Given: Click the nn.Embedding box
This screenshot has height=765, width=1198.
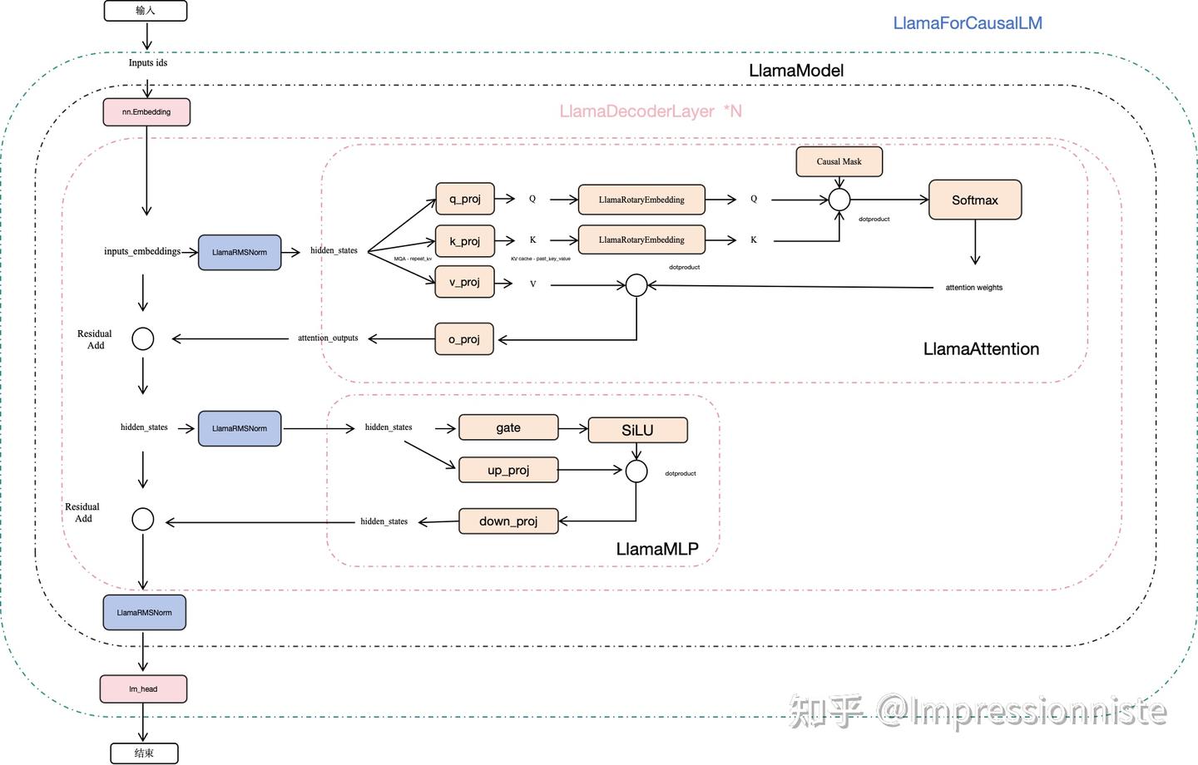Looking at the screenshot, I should [x=146, y=112].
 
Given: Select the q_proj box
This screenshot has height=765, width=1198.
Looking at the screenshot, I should [x=465, y=199].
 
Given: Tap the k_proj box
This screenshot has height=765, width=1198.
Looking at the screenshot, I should [x=465, y=241].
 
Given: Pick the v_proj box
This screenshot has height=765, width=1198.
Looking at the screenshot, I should [x=465, y=282].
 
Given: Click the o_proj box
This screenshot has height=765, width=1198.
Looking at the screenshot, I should [x=465, y=339].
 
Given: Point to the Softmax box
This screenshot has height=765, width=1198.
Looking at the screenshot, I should [x=975, y=200].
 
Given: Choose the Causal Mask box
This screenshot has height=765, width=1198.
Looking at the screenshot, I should [x=839, y=161].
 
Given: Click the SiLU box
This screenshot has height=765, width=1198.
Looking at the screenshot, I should [x=637, y=430].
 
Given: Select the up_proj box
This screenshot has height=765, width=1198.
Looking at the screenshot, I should [x=508, y=470].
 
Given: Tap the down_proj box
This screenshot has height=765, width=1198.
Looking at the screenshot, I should [x=508, y=521].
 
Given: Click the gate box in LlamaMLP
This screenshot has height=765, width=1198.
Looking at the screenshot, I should [x=508, y=427].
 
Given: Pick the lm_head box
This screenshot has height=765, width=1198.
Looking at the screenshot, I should [x=143, y=688].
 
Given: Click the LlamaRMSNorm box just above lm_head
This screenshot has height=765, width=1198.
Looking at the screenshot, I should [x=145, y=613].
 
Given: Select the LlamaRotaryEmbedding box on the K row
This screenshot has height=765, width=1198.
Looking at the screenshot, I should [x=641, y=240].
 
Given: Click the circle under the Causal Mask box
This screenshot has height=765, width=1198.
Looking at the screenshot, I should [x=839, y=200].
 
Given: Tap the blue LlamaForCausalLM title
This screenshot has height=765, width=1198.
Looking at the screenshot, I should [x=968, y=23].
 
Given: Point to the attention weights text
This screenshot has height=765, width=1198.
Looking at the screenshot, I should [x=973, y=288].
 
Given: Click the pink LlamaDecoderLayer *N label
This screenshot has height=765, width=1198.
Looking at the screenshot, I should [x=650, y=111].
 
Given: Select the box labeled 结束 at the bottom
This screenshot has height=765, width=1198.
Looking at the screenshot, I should [x=145, y=753].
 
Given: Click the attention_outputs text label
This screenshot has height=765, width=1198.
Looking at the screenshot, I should [x=328, y=338].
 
